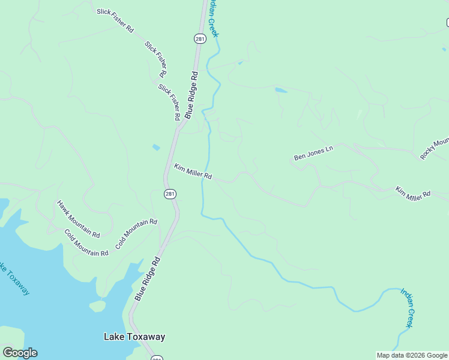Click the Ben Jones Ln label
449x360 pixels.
click(x=313, y=153)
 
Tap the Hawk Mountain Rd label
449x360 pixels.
click(x=78, y=218)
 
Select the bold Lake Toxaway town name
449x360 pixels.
click(x=134, y=337)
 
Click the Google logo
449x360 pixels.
click(x=20, y=352)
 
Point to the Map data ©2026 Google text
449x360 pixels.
click(x=412, y=355)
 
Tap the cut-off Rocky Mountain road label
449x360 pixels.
click(x=435, y=149)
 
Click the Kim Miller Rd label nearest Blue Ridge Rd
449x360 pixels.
click(x=193, y=172)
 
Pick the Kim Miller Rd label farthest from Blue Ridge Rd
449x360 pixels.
click(x=413, y=193)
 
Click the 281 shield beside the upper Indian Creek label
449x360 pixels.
click(x=200, y=38)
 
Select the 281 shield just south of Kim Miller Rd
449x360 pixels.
click(x=170, y=193)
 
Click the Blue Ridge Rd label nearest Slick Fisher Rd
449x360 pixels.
click(x=191, y=95)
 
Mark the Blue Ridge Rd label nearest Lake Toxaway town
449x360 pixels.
click(x=148, y=279)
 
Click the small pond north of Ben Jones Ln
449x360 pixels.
click(x=280, y=91)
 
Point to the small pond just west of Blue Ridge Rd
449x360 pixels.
click(x=156, y=147)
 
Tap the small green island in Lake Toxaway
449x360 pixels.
click(x=97, y=306)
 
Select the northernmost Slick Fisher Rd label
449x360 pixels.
click(x=115, y=20)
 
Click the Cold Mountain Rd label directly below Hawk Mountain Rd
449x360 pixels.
click(x=86, y=243)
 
